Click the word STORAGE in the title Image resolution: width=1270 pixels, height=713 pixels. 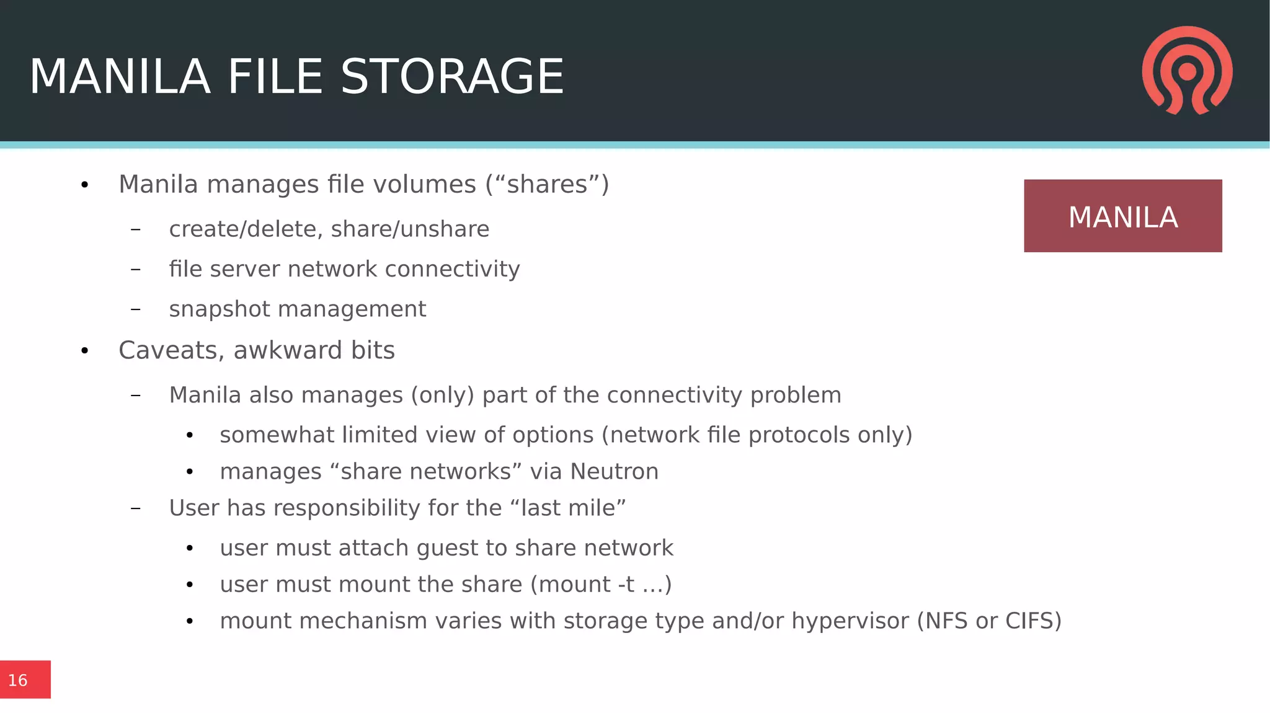(x=452, y=77)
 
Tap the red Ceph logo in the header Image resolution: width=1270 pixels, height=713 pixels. (x=1187, y=70)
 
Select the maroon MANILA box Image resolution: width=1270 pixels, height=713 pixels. (x=1122, y=216)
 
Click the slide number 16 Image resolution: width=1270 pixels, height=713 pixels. (x=18, y=680)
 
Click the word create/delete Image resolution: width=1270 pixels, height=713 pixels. (x=246, y=229)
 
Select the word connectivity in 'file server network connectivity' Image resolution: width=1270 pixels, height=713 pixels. (x=452, y=269)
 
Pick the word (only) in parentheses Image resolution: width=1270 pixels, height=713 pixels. (x=442, y=395)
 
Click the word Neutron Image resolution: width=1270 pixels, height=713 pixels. (x=614, y=472)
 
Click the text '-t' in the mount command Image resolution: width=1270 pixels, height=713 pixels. (x=626, y=585)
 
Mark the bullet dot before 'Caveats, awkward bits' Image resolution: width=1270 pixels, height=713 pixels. (x=85, y=351)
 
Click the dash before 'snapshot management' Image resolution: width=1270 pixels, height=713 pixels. (x=136, y=309)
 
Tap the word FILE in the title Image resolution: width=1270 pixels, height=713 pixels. (x=275, y=77)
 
